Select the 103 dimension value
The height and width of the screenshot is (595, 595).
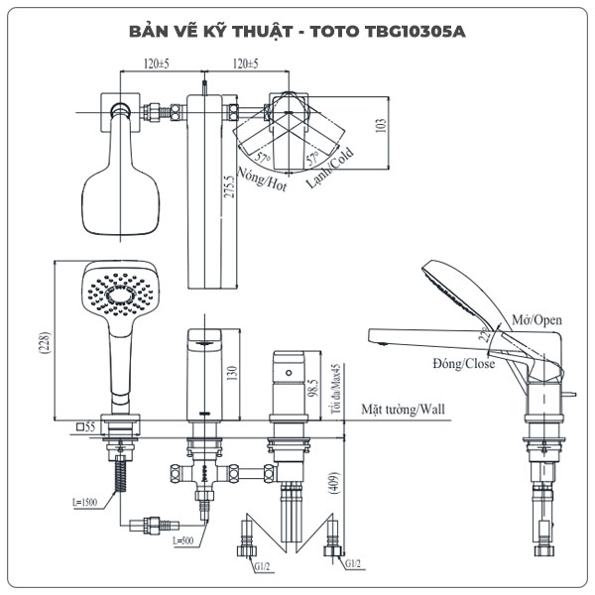[x=380, y=126]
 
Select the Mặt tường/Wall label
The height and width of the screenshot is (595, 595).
[x=403, y=409]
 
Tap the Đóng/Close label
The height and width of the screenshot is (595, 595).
[x=463, y=363]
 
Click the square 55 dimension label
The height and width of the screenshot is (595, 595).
[x=83, y=425]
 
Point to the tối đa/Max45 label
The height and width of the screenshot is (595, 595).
[x=337, y=385]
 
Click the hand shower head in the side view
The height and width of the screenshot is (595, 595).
[x=459, y=287]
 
